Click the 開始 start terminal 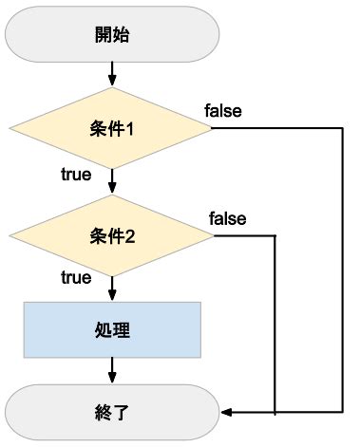tap(112, 36)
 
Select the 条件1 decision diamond tap(112, 128)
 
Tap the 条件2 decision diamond tap(112, 235)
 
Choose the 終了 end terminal tap(112, 412)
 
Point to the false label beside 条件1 tap(223, 111)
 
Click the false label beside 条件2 tap(228, 219)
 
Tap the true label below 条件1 tap(75, 175)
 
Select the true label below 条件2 tap(75, 278)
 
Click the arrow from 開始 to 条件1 tap(112, 73)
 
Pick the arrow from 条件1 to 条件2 tap(112, 182)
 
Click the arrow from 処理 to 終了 tap(112, 370)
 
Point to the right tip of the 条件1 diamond tap(215, 128)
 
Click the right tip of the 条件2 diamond tap(215, 235)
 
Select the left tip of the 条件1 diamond tap(9, 128)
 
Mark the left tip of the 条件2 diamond tap(9, 235)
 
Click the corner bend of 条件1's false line tap(339, 128)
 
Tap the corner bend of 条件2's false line tap(275, 235)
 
